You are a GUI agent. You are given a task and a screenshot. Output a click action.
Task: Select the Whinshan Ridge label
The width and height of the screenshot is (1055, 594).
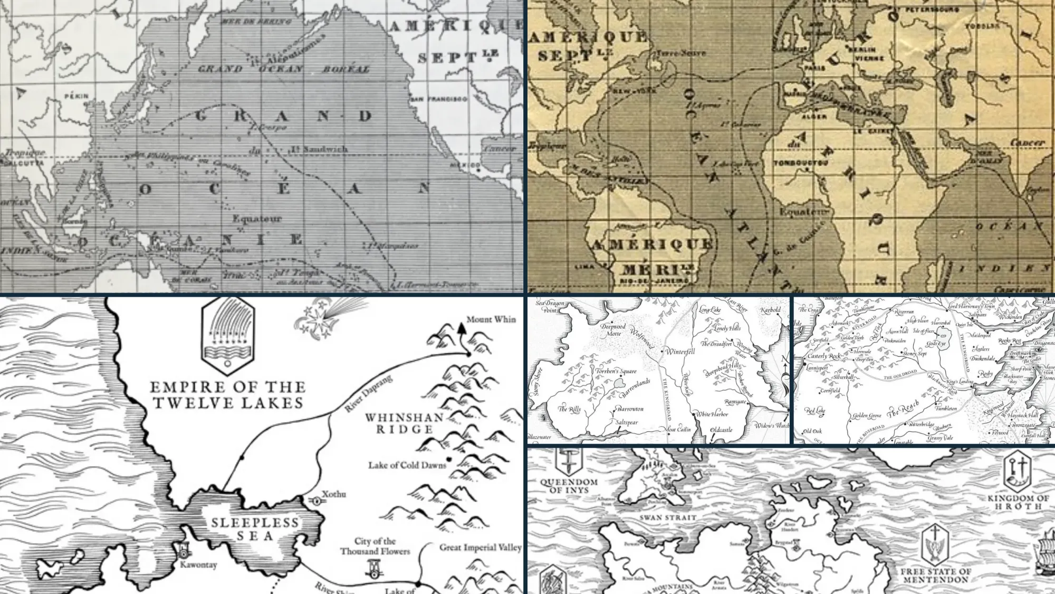(x=404, y=423)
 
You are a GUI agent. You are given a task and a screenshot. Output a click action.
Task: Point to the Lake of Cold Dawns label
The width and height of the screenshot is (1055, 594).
(x=407, y=465)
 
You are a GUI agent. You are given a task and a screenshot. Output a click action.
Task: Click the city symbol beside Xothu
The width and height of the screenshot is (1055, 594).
(x=317, y=501)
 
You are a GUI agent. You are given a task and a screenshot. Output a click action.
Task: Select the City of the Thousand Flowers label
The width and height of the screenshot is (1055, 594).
(x=375, y=546)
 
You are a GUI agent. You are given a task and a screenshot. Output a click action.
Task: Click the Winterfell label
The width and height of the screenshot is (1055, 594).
(x=680, y=351)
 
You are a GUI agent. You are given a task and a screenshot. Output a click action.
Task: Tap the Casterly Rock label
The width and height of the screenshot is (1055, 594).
(x=823, y=356)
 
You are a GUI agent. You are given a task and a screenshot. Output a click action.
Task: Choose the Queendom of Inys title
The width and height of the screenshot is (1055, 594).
(x=569, y=486)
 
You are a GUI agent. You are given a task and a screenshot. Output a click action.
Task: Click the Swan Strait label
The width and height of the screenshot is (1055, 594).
(x=668, y=518)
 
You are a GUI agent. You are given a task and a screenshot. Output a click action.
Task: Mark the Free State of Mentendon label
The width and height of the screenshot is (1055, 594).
(x=935, y=576)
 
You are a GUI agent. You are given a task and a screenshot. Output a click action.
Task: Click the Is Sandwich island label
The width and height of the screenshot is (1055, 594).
(x=319, y=149)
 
